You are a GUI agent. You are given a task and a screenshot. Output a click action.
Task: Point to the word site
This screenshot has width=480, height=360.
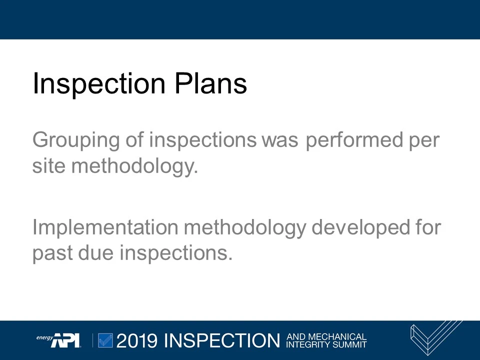48,165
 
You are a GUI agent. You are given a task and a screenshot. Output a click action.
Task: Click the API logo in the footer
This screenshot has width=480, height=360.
65,340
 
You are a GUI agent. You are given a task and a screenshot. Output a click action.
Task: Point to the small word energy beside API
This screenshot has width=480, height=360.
44,337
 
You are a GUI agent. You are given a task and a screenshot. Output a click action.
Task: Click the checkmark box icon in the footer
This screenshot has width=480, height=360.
105,340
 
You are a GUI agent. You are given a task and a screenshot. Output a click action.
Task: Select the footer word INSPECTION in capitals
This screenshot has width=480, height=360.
222,341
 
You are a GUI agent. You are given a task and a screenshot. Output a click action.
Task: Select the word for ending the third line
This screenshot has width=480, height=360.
427,227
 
